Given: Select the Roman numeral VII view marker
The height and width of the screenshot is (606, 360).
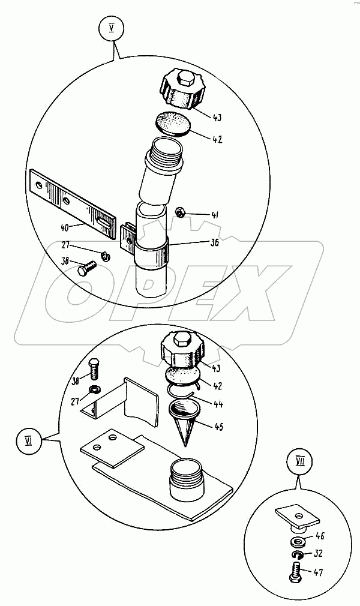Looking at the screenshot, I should pyautogui.click(x=300, y=462).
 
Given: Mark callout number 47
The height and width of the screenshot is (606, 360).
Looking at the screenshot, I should pyautogui.click(x=318, y=573).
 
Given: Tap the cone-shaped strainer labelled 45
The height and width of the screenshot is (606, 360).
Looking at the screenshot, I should pyautogui.click(x=184, y=423).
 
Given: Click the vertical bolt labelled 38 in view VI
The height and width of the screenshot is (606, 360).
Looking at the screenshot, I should pyautogui.click(x=94, y=369).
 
